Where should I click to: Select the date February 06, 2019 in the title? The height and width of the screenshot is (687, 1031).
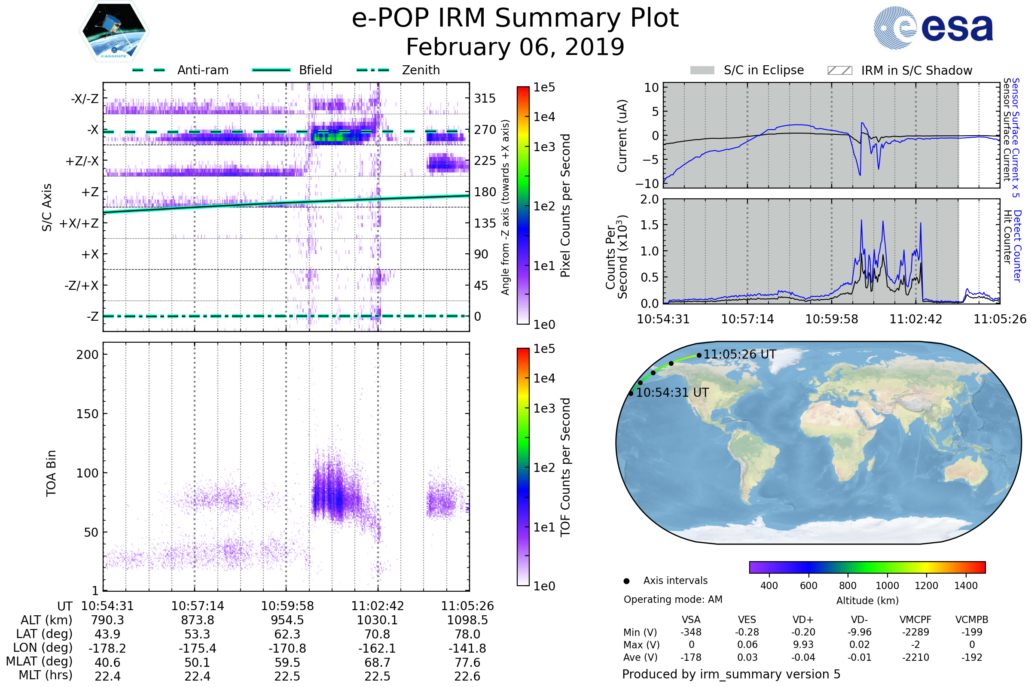(x=515, y=47)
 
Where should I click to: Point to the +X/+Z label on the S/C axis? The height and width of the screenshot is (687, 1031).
(x=79, y=223)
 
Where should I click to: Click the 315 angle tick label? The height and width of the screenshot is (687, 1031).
(x=485, y=98)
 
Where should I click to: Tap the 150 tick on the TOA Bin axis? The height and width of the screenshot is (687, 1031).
(x=87, y=413)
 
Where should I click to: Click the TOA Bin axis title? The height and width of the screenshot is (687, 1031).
(x=51, y=473)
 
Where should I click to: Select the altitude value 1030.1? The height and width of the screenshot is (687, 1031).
(x=377, y=620)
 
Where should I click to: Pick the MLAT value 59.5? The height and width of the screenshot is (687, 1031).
(x=287, y=663)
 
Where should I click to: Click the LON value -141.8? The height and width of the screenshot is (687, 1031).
(x=467, y=648)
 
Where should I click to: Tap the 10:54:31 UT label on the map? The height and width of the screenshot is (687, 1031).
(x=672, y=392)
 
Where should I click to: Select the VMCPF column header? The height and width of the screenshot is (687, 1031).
(x=915, y=620)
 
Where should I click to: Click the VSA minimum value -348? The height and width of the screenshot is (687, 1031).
(x=691, y=632)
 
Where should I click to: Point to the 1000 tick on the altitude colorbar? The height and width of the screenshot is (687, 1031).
(x=887, y=586)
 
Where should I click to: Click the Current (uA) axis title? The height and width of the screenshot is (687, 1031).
(x=622, y=136)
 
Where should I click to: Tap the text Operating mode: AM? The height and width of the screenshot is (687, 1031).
(x=673, y=599)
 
